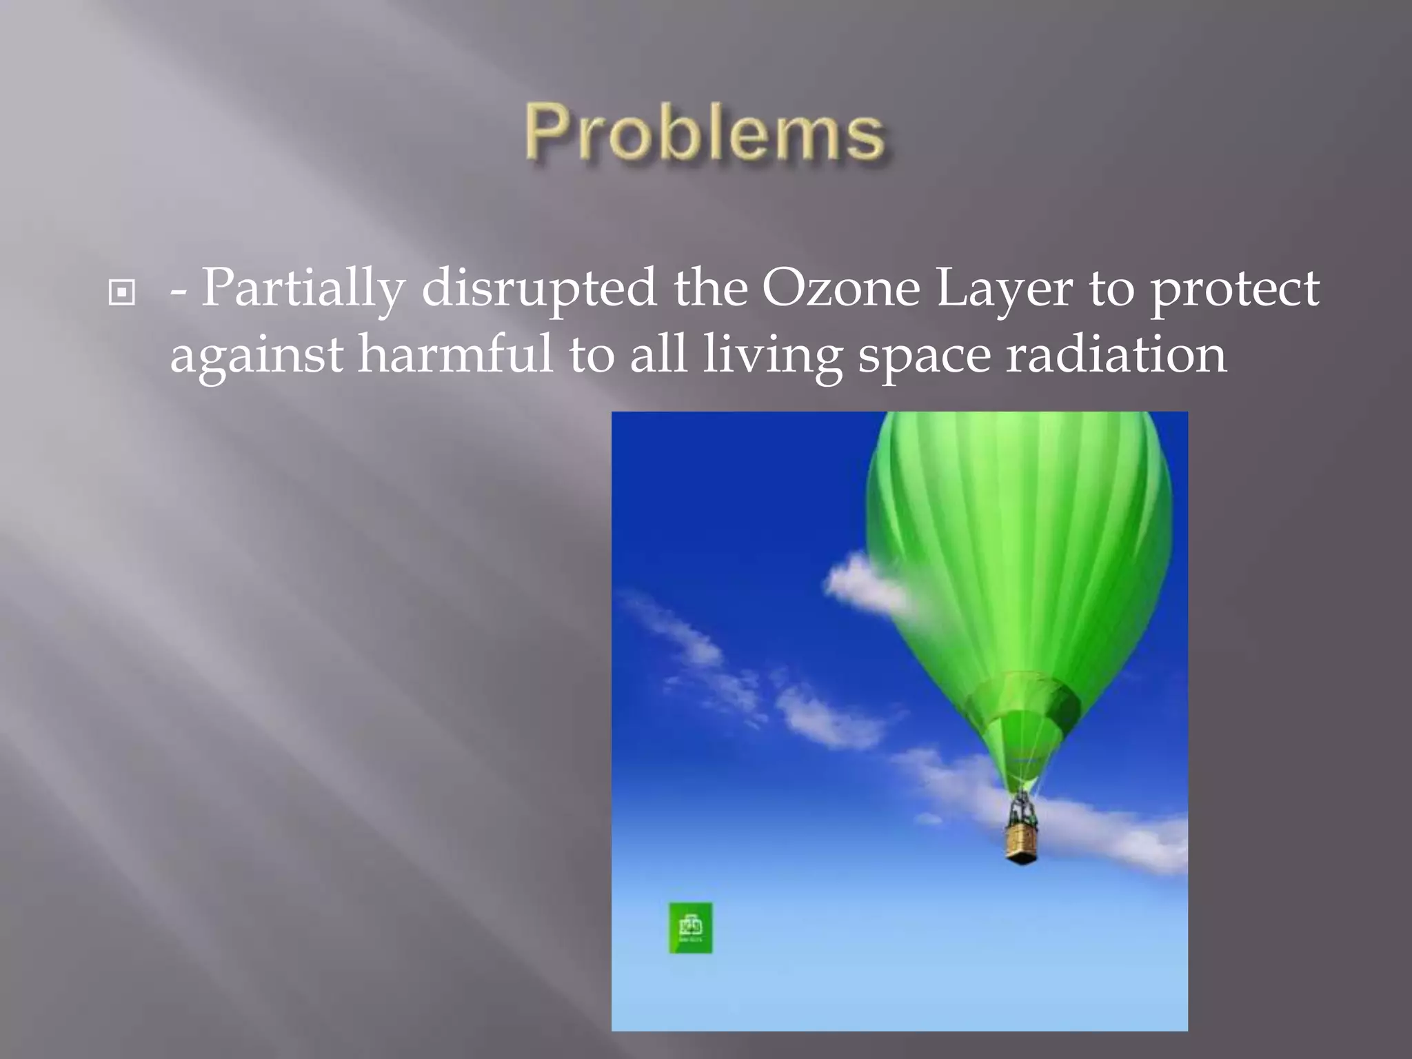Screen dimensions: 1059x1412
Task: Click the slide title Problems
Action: [x=705, y=132]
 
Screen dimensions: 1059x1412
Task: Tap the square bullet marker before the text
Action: [x=122, y=294]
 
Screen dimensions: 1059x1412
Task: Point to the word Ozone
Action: [x=840, y=288]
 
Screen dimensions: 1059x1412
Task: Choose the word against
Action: [x=256, y=356]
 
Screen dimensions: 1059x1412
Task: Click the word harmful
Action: [x=455, y=354]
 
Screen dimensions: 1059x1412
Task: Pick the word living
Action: [x=772, y=356]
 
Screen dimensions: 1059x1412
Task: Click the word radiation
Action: [x=1116, y=354]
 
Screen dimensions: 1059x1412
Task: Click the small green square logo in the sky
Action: [x=690, y=928]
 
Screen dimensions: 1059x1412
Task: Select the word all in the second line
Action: [x=658, y=354]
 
